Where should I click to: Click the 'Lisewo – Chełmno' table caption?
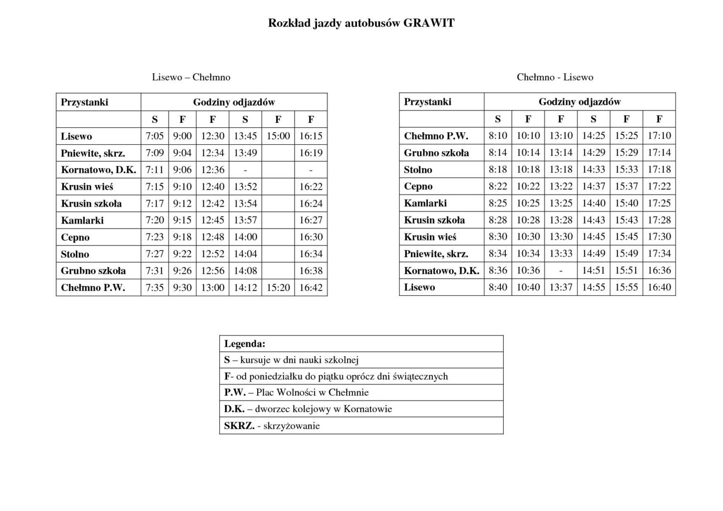pyautogui.click(x=191, y=77)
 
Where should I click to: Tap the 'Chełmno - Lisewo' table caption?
pyautogui.click(x=555, y=77)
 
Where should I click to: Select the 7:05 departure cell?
pyautogui.click(x=155, y=136)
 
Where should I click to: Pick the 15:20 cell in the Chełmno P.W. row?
pyautogui.click(x=278, y=287)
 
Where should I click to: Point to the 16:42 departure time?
pyautogui.click(x=311, y=287)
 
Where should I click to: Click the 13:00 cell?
pyautogui.click(x=213, y=287)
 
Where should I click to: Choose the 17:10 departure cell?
pyautogui.click(x=659, y=135)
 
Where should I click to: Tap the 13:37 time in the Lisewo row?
pyautogui.click(x=561, y=287)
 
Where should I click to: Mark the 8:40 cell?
pyautogui.click(x=498, y=287)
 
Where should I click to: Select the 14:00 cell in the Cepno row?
pyautogui.click(x=245, y=237)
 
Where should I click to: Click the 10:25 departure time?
pyautogui.click(x=528, y=203)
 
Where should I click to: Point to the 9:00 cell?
pyautogui.click(x=182, y=136)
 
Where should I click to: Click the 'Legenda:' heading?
pyautogui.click(x=245, y=344)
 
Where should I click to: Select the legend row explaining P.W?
pyautogui.click(x=297, y=393)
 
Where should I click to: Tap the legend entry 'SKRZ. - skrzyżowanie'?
pyautogui.click(x=272, y=426)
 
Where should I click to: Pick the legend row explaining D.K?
pyautogui.click(x=308, y=409)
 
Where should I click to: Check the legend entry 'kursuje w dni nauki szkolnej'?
pyautogui.click(x=292, y=360)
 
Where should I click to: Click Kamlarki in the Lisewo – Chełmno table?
pyautogui.click(x=82, y=220)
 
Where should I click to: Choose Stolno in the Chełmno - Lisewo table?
pyautogui.click(x=418, y=170)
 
